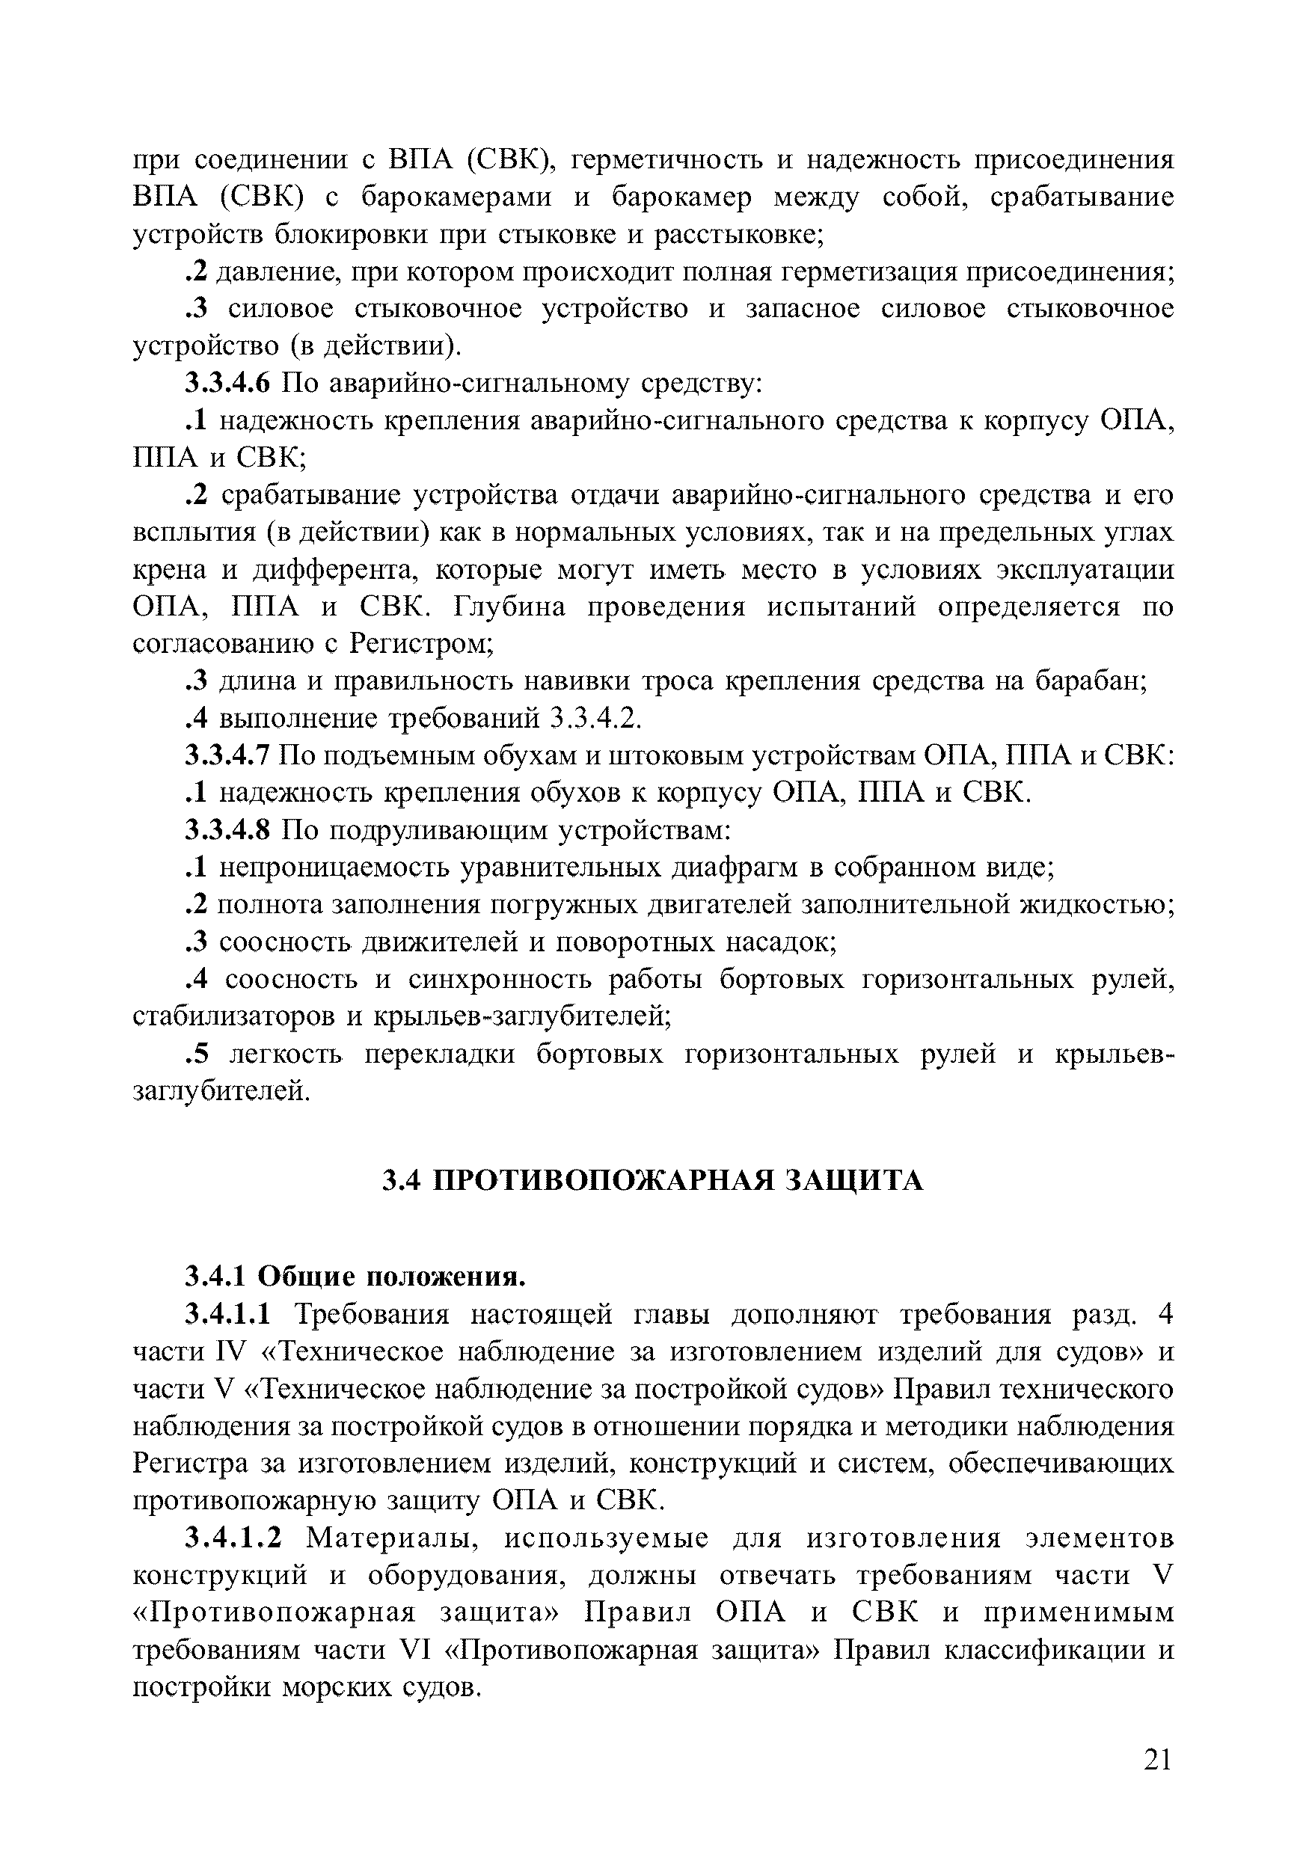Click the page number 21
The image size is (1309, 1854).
(1157, 1758)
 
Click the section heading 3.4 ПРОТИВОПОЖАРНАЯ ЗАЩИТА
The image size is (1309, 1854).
(652, 1182)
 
